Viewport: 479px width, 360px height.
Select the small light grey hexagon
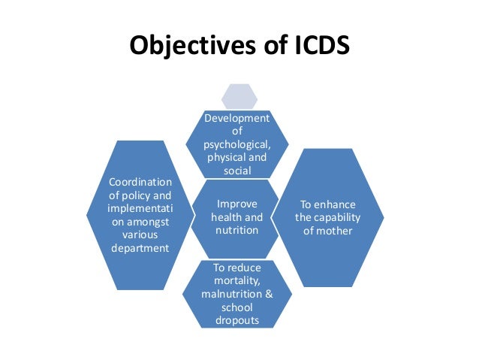[x=239, y=95]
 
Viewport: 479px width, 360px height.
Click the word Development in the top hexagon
[x=238, y=118]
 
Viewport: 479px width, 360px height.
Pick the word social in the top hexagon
[x=238, y=171]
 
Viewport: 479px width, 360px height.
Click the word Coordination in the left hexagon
[x=140, y=182]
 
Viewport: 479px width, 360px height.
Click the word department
[x=140, y=248]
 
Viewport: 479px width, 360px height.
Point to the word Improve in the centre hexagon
[x=237, y=203]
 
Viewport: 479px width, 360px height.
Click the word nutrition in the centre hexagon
[x=237, y=230]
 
